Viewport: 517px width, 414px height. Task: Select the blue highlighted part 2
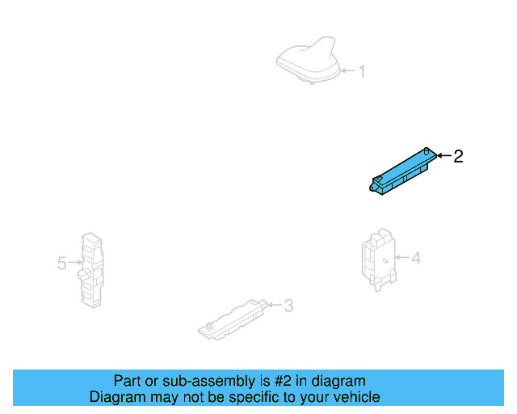(401, 171)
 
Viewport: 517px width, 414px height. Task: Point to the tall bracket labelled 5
(91, 270)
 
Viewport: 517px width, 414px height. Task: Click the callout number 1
(361, 72)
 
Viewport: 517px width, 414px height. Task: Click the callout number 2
(458, 156)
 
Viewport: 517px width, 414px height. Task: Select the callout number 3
(288, 306)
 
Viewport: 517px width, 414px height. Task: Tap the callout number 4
(415, 259)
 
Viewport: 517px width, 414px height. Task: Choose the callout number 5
(61, 263)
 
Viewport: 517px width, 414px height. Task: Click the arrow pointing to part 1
(347, 72)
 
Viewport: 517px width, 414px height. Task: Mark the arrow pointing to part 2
(443, 156)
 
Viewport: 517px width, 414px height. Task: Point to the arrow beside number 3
(273, 306)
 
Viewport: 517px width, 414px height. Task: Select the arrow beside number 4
(401, 259)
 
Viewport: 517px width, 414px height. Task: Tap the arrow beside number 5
(75, 263)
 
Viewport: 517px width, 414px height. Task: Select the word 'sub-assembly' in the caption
(210, 381)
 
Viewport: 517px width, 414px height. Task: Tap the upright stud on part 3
(208, 327)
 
